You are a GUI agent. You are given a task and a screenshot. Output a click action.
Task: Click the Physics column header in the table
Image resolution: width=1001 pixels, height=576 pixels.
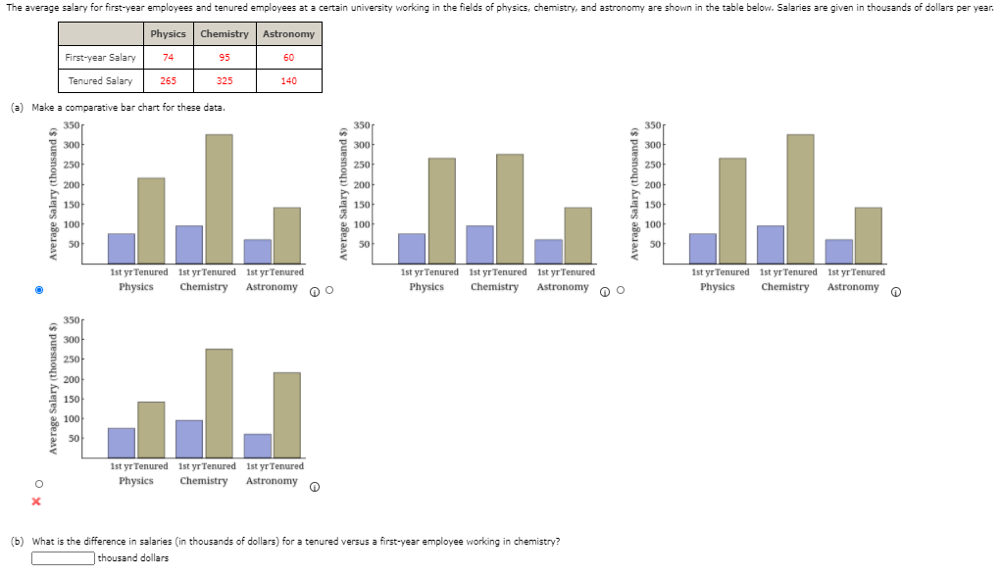tap(169, 34)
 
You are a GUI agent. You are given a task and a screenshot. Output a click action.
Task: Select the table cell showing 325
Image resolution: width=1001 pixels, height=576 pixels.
tap(225, 81)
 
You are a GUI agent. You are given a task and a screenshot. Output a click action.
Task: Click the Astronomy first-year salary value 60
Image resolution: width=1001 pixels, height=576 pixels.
tap(288, 58)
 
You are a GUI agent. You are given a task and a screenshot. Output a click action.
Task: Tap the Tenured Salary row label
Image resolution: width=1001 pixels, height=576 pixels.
tap(100, 81)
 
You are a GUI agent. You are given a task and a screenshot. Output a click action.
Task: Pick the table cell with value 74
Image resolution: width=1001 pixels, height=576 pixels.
tap(169, 58)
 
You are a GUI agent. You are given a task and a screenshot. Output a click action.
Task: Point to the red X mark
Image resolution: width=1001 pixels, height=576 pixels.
tap(36, 502)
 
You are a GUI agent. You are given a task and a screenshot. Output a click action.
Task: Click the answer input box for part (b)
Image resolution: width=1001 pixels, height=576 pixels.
tap(63, 558)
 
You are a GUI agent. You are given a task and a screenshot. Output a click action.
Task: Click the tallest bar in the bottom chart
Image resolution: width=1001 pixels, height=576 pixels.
tap(219, 403)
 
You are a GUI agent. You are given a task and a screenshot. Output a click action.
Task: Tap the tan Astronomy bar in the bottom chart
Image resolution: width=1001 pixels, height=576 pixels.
tap(287, 414)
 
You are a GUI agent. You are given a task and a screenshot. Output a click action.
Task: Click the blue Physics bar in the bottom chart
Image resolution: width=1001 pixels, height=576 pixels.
tap(122, 442)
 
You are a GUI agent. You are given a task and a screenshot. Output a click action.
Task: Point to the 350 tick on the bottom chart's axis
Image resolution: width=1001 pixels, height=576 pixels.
tap(72, 320)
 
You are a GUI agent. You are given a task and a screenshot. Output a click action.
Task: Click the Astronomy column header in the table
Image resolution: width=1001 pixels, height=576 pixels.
tap(288, 34)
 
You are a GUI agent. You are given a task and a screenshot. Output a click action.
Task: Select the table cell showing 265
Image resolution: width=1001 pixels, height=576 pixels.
tap(169, 81)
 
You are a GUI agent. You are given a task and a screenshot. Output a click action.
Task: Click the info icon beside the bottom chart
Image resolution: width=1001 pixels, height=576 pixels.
tap(315, 487)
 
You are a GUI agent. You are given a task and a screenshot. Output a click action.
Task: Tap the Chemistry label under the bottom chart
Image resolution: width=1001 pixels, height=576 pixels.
tap(204, 481)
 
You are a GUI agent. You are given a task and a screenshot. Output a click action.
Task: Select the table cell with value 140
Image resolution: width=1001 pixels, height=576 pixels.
tap(288, 81)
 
